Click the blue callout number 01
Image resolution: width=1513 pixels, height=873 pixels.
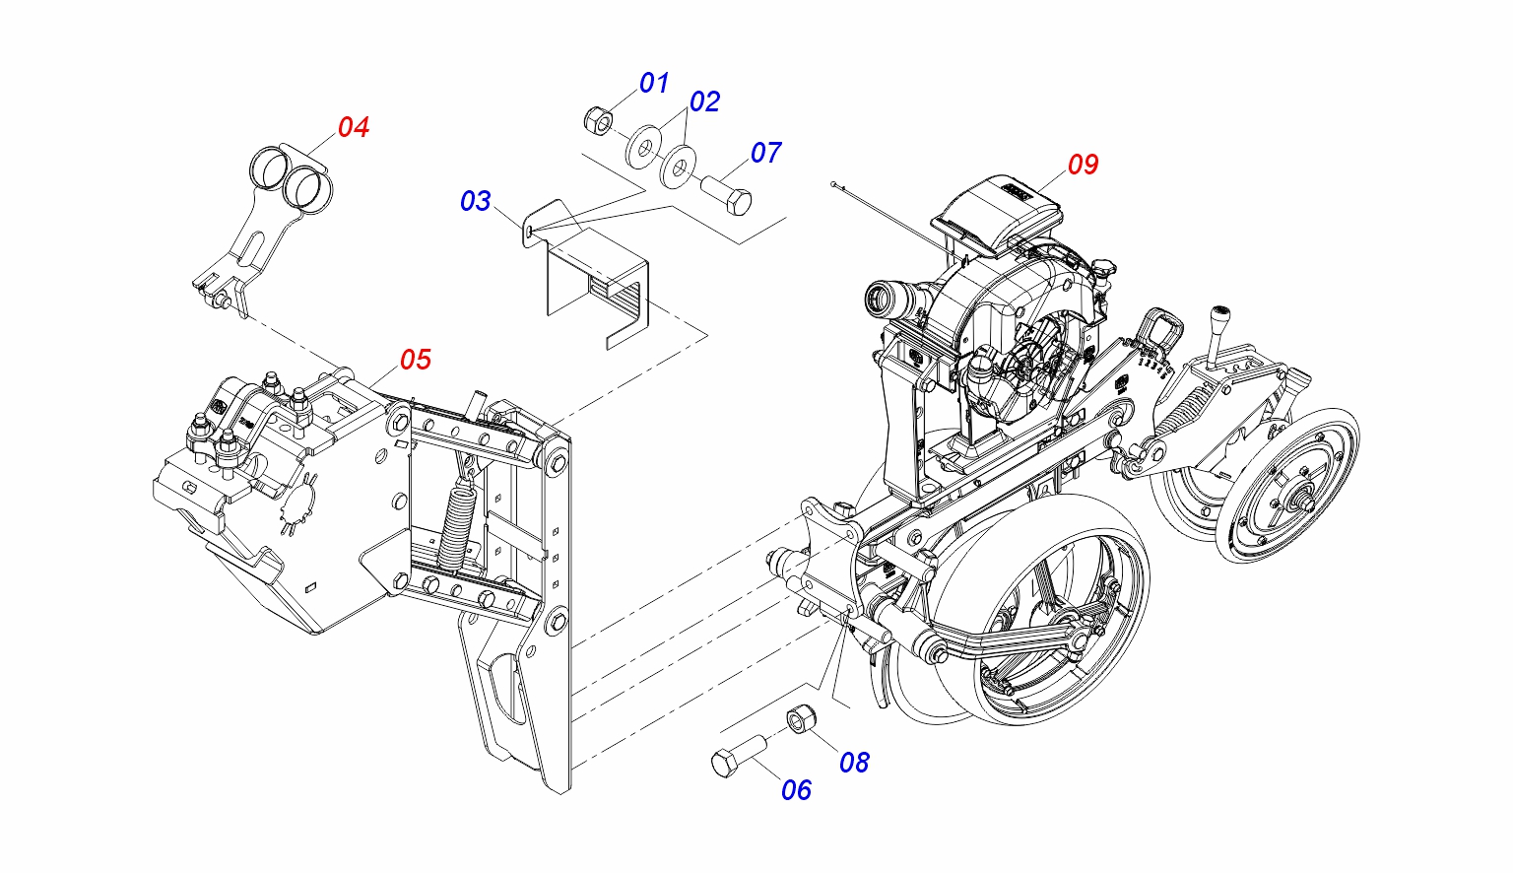point(654,83)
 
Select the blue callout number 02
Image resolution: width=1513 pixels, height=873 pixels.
point(704,102)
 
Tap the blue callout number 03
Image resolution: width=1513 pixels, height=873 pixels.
point(476,201)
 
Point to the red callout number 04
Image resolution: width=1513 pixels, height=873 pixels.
point(354,127)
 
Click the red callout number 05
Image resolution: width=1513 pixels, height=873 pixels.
point(416,360)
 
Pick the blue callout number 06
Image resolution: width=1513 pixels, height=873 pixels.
point(796,790)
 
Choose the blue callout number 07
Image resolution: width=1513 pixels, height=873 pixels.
point(766,153)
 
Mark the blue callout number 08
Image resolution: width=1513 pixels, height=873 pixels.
point(854,763)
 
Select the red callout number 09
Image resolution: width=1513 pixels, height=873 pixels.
point(1084,165)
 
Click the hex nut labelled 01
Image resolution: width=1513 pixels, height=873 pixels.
point(598,120)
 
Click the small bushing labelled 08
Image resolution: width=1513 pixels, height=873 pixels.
point(801,719)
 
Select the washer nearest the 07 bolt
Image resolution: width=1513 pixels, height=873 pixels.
point(678,168)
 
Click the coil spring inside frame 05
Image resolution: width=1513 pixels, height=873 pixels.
point(458,522)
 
